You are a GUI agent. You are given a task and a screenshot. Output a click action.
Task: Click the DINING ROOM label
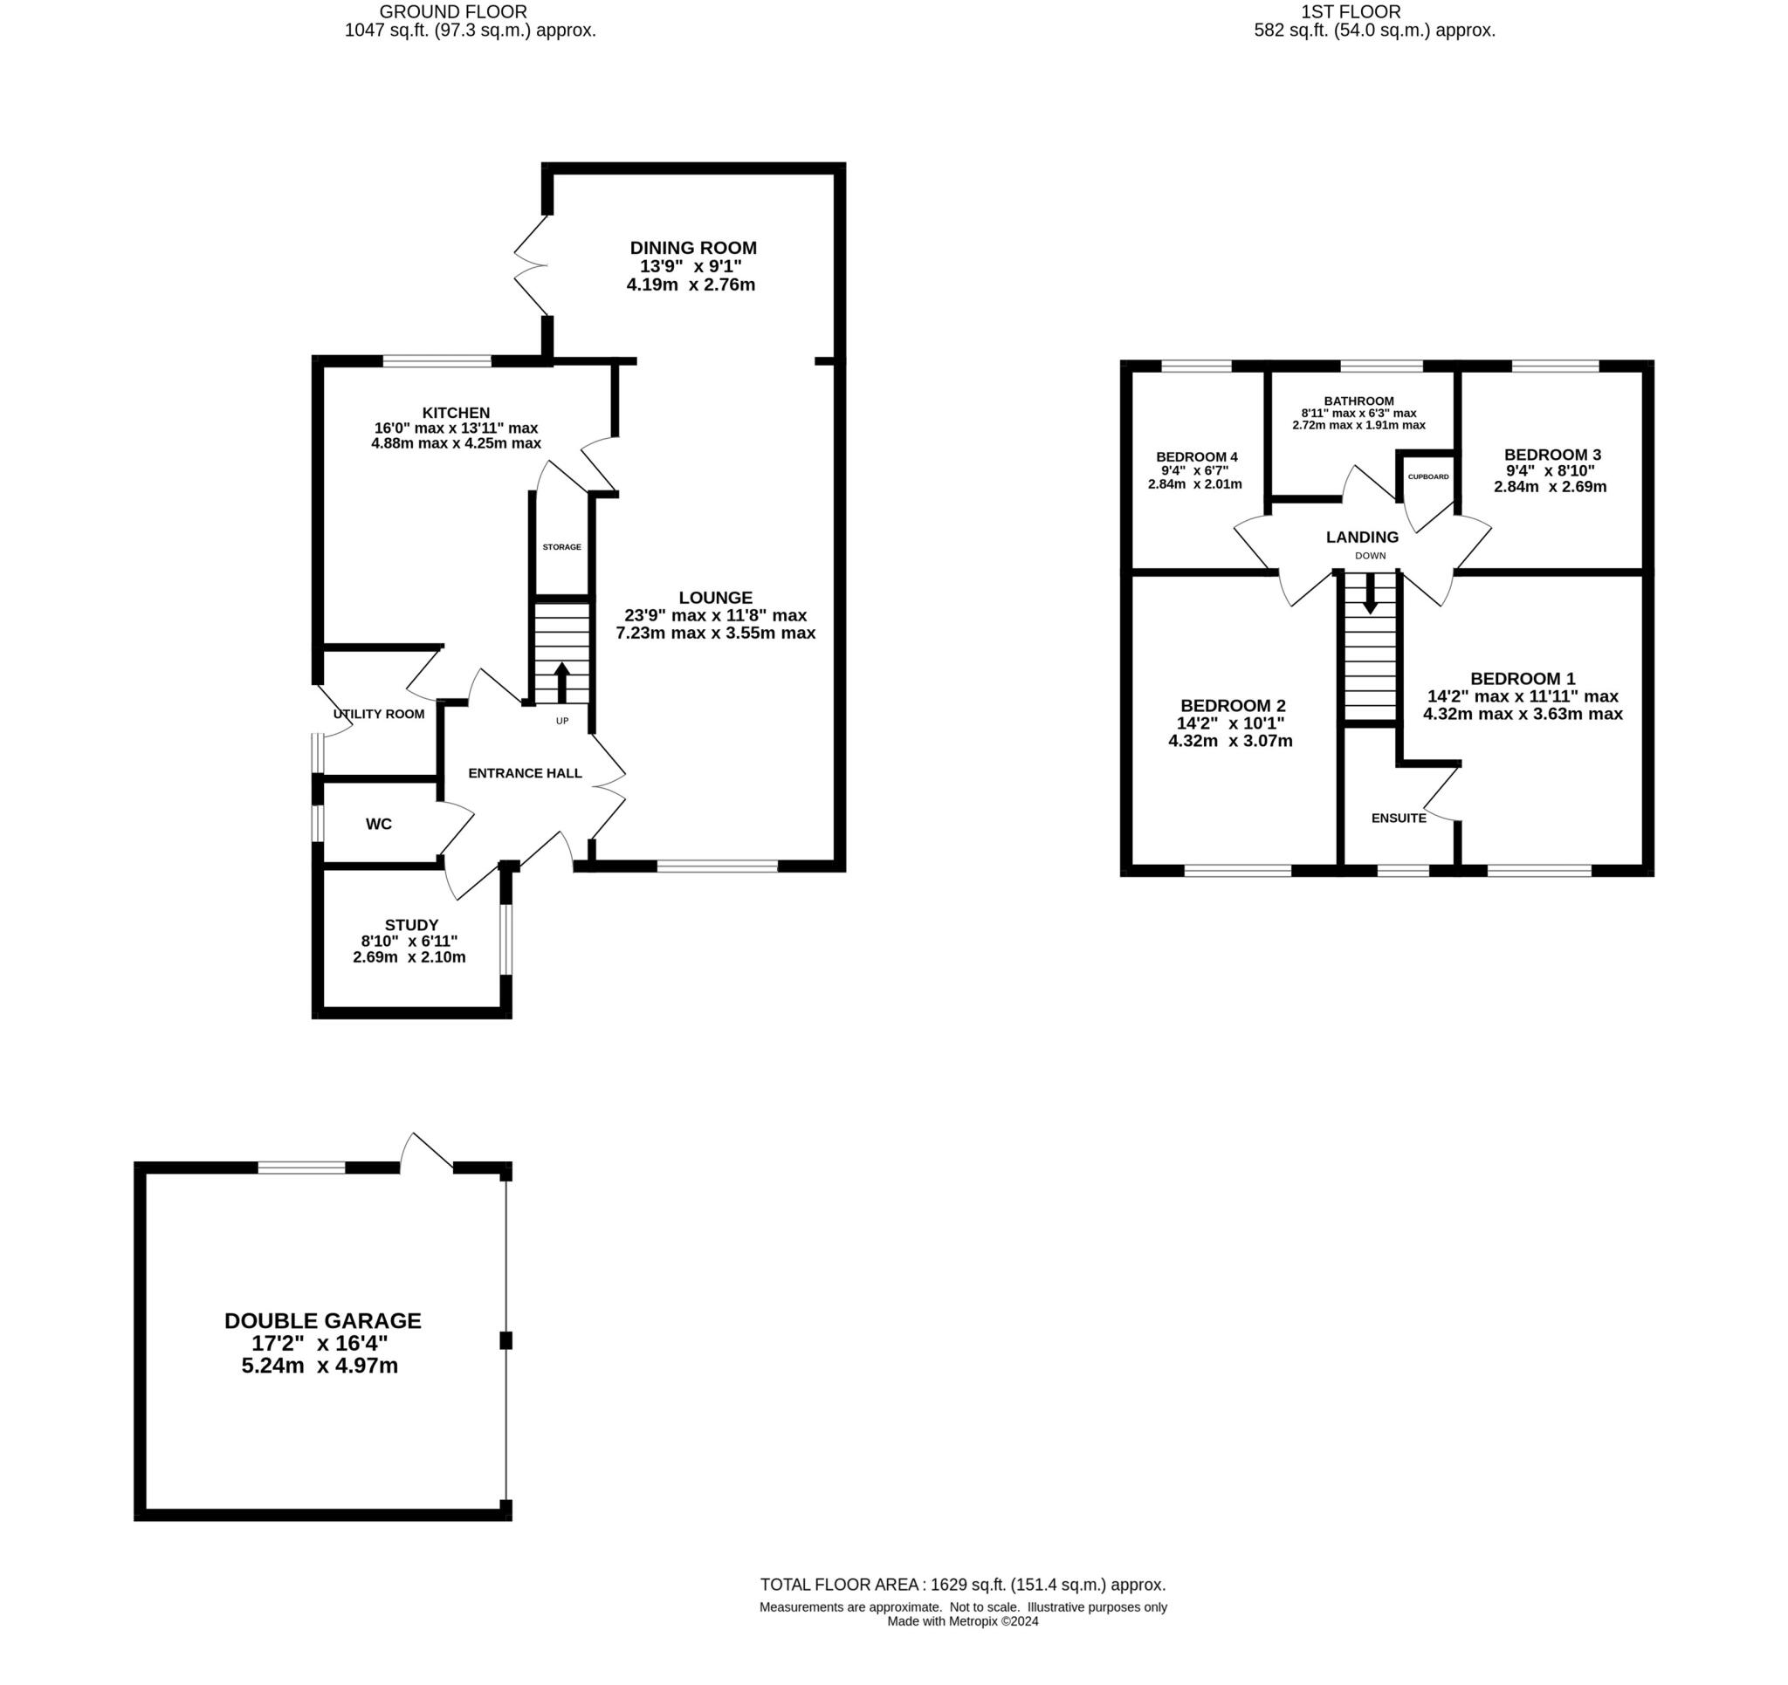(x=692, y=248)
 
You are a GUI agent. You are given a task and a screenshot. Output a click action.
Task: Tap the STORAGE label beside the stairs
(x=561, y=546)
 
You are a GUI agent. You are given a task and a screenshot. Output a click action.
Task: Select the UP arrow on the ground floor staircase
(x=561, y=682)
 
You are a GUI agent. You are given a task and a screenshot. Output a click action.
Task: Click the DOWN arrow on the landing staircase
(x=1369, y=594)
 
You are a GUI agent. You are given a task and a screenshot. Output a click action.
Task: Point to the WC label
(x=379, y=824)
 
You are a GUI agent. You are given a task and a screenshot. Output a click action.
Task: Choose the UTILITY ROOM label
(x=379, y=714)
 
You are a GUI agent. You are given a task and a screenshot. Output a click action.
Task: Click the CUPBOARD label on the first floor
(x=1428, y=476)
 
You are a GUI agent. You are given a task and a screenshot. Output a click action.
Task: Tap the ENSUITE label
(x=1399, y=819)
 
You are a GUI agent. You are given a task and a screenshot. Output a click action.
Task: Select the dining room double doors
(x=531, y=266)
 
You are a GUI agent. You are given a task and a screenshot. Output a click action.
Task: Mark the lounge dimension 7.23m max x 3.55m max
(x=715, y=633)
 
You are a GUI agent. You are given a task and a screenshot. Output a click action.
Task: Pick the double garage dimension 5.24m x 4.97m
(x=320, y=1366)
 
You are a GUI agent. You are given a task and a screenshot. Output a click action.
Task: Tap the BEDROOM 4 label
(x=1196, y=456)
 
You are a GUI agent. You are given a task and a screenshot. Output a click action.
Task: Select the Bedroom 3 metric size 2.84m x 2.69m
(x=1550, y=486)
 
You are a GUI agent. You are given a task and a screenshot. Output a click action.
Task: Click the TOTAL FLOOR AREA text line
(x=962, y=1586)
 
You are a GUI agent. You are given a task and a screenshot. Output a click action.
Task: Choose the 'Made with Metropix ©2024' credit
(x=962, y=1621)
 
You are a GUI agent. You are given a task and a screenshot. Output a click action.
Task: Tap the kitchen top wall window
(x=437, y=361)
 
